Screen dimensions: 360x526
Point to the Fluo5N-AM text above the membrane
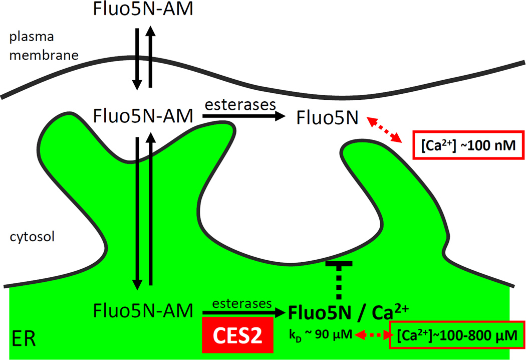143,9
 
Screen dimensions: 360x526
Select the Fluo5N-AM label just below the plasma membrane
143,117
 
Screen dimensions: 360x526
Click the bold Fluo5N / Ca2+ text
349,311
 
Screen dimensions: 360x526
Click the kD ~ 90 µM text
321,333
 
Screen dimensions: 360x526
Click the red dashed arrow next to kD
371,333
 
